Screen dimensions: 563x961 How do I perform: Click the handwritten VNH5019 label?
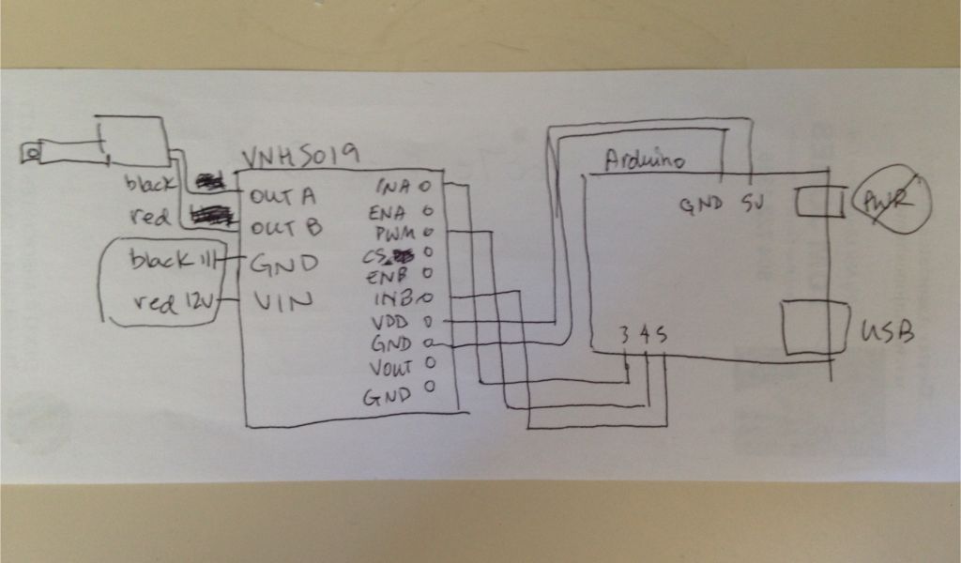point(298,156)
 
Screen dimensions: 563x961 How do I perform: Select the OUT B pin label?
point(286,227)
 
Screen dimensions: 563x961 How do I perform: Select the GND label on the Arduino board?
point(703,202)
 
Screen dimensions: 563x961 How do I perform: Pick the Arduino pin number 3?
point(624,334)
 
